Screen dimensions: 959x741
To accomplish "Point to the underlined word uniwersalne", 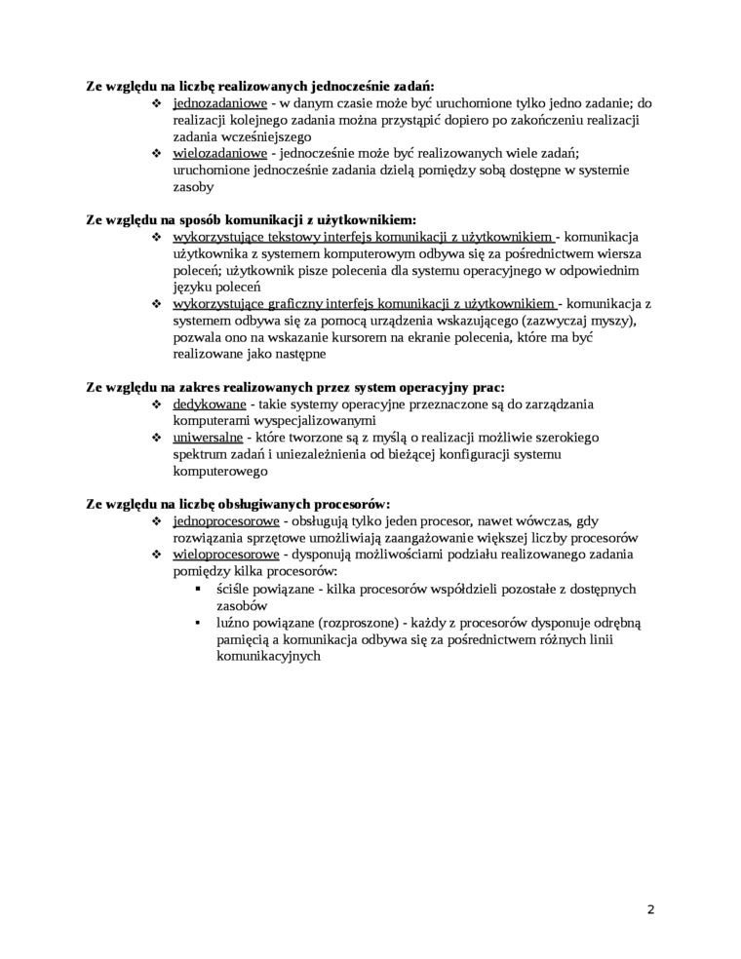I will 208,437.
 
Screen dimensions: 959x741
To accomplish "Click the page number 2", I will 650,910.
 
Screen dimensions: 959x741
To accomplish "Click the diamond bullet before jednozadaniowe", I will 158,103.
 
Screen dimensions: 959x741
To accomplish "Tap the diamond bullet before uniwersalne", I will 158,438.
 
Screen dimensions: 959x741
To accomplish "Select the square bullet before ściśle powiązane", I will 199,589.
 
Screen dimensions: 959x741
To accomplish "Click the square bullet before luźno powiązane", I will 199,623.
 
